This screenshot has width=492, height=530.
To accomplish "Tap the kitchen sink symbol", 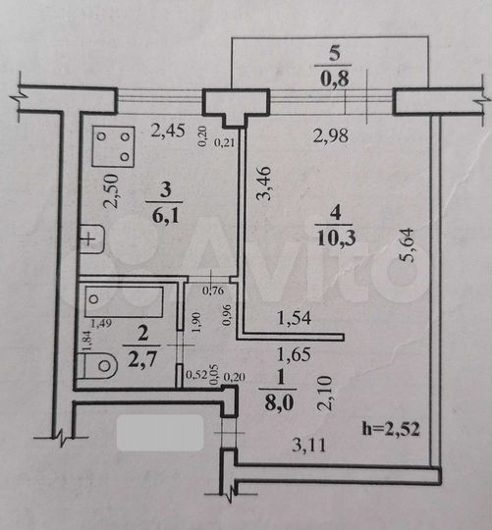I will point(90,238).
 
